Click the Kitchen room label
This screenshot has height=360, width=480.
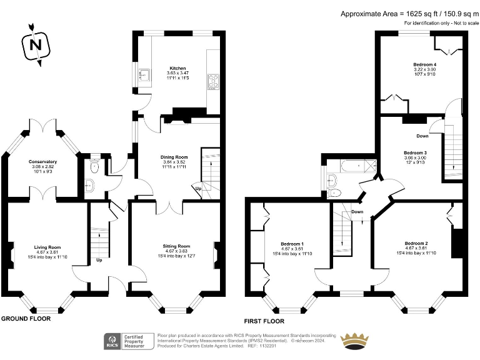pos(177,68)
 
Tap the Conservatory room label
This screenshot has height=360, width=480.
pos(42,162)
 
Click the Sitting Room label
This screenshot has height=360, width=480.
pos(176,246)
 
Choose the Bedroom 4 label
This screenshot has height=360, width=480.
pos(424,64)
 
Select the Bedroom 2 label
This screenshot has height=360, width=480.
pos(416,243)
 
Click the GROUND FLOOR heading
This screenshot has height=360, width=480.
pos(26,318)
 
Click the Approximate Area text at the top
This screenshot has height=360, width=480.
pos(409,13)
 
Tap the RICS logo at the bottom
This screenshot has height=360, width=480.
pos(113,341)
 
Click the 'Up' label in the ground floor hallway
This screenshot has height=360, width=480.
pos(99,260)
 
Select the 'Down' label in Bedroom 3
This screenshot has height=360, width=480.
pos(422,136)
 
